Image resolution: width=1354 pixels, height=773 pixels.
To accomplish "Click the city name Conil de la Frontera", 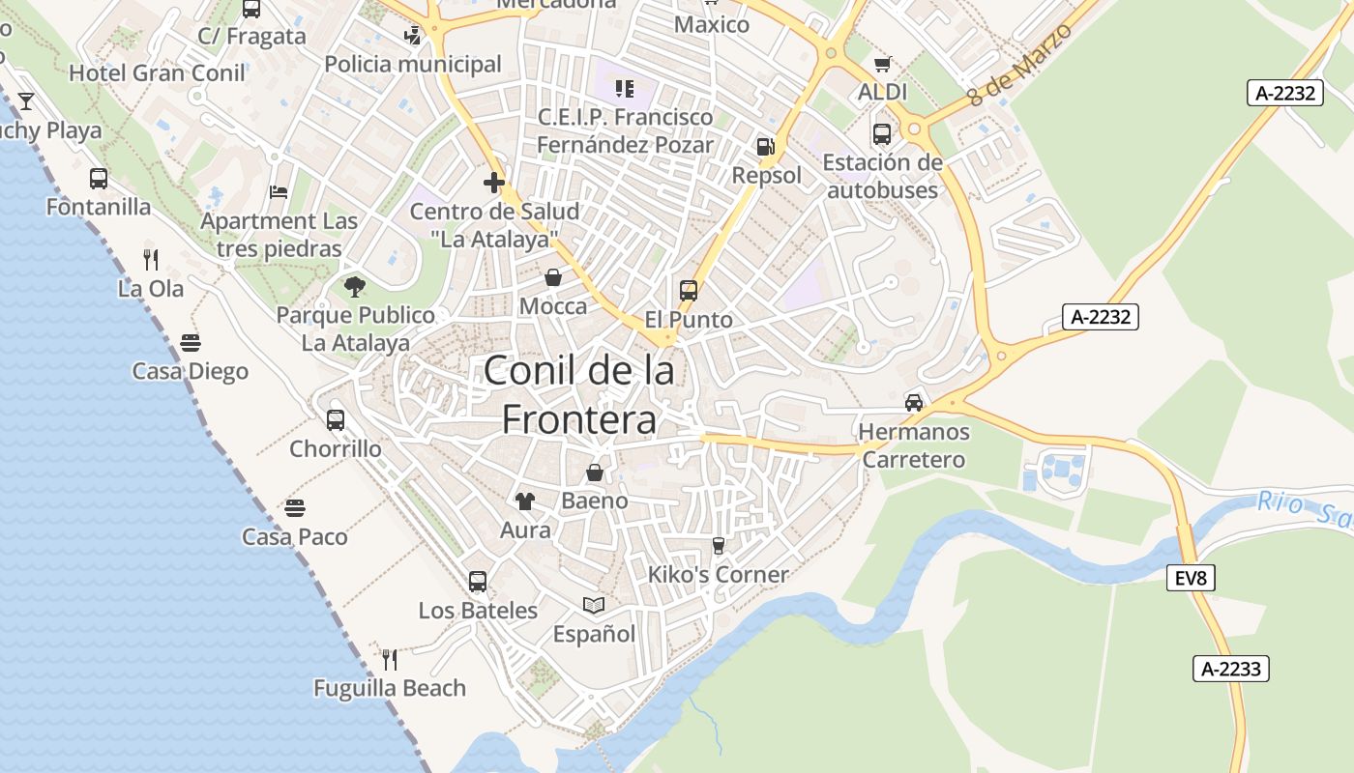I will (578, 394).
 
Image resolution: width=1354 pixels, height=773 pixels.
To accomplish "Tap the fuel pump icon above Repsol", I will (765, 147).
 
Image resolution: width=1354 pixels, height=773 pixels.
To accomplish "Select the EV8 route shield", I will (1192, 579).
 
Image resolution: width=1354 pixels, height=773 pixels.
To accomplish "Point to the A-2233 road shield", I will (1230, 669).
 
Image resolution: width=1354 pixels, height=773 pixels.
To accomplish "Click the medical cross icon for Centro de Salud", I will (494, 182).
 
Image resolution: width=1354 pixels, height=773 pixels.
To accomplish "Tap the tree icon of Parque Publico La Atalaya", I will (355, 286).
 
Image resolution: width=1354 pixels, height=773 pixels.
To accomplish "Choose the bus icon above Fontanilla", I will (99, 179).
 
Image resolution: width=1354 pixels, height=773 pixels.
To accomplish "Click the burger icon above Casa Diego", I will (191, 343).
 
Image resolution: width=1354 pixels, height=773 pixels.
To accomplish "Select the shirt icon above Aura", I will (525, 501).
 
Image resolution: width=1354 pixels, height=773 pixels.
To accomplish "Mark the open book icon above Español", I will (594, 605).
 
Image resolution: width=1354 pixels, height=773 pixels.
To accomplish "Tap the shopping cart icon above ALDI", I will (882, 65).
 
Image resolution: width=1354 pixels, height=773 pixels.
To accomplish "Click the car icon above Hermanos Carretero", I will (914, 402).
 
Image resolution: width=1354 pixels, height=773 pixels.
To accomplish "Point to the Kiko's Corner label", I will (718, 575).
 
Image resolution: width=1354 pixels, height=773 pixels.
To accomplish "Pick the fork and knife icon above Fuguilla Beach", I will (390, 659).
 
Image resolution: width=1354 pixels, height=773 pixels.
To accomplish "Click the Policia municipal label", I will (413, 65).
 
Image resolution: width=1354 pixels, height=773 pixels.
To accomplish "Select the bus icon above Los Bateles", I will (478, 581).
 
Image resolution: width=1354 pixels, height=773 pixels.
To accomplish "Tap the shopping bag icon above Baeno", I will (595, 472).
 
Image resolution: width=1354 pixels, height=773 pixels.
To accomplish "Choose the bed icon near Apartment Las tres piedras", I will (279, 191).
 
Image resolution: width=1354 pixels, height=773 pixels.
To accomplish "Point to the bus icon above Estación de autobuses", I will (882, 133).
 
